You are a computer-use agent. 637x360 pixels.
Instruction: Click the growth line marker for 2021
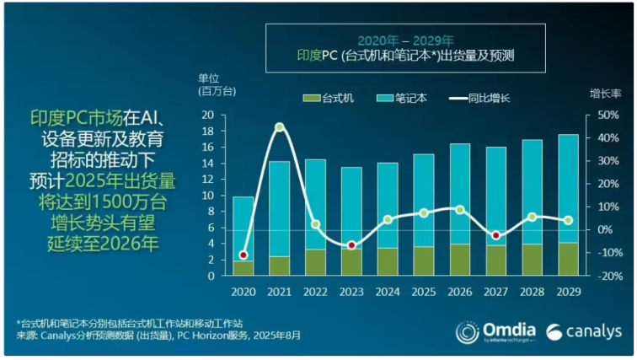279,127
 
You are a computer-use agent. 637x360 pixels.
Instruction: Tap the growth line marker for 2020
244,255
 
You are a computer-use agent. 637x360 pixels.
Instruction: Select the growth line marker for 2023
352,245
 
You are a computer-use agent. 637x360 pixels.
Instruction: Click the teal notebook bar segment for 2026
460,194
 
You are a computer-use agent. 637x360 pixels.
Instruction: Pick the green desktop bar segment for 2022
316,261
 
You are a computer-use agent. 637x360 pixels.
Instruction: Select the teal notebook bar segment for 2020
244,228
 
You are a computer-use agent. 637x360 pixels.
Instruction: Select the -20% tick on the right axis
609,276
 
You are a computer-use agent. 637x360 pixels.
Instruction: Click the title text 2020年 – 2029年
405,40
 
